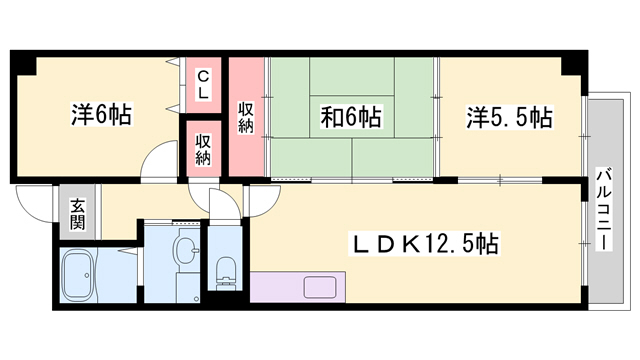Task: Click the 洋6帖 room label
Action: [102, 115]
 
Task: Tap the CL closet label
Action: [203, 84]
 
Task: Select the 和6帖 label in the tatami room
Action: [351, 116]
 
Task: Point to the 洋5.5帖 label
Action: [509, 117]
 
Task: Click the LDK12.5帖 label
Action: [424, 244]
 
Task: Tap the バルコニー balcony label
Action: [604, 208]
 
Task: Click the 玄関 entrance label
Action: [77, 214]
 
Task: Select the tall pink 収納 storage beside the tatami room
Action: [246, 117]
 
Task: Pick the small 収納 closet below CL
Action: [203, 149]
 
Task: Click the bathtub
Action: [78, 276]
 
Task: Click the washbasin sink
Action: [186, 249]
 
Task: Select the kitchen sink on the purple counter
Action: [320, 287]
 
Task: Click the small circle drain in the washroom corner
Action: [197, 300]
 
